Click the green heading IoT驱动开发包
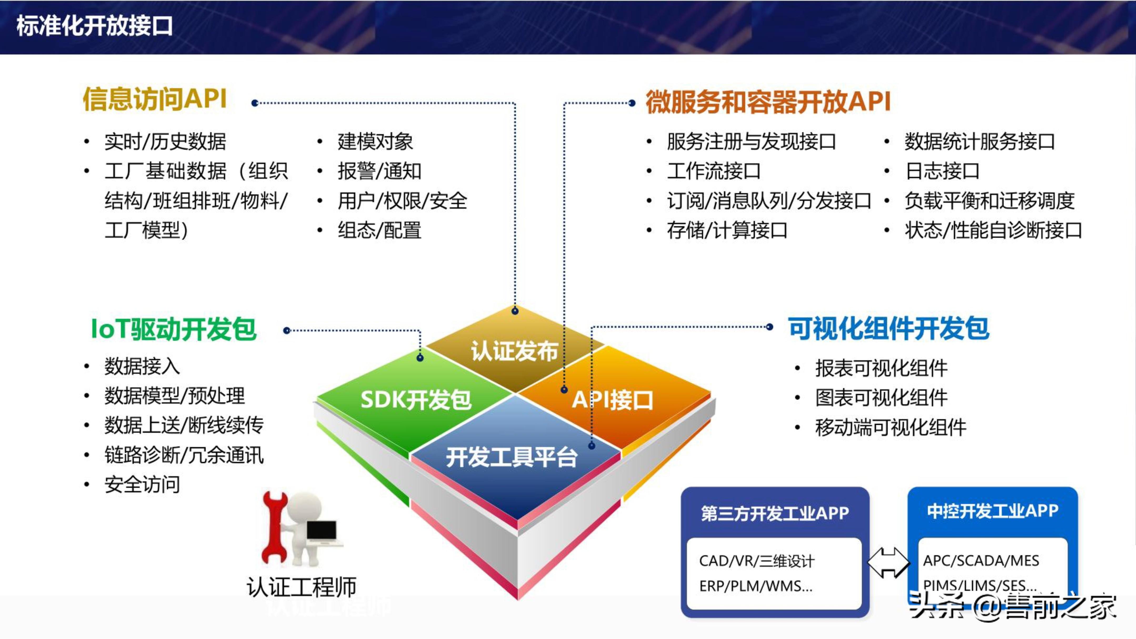173,330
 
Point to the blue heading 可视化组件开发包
889,328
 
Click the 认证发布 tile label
514,351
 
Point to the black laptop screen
322,530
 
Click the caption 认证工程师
301,587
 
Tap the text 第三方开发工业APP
775,513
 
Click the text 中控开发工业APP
992,511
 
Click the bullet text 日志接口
942,171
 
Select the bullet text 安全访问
142,485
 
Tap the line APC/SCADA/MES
981,561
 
